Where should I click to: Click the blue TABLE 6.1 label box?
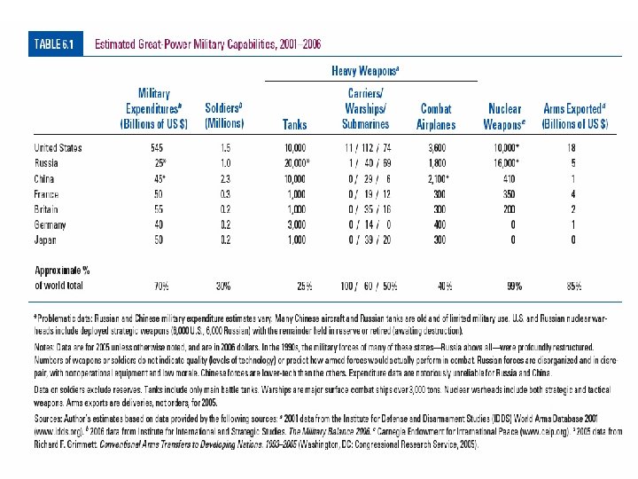56,43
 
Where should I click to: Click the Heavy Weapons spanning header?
365,70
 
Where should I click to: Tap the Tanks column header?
294,124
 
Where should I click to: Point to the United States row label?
58,147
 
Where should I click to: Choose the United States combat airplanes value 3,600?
437,147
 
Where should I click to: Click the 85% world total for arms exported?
574,286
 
